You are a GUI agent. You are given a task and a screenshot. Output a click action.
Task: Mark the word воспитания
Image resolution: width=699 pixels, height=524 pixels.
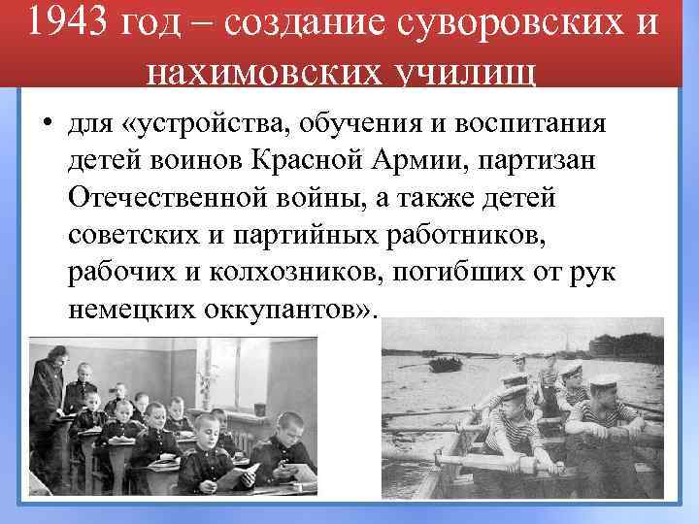coord(529,125)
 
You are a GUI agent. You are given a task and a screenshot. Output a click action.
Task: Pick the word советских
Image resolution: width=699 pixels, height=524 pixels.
coord(131,235)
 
